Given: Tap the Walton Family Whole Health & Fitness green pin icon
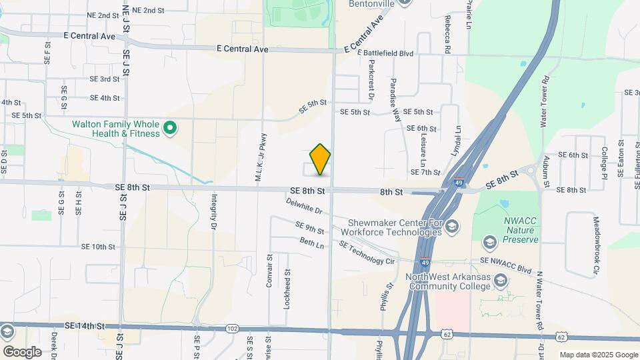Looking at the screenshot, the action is pos(170,127).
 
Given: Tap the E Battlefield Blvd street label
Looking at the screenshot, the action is pos(385,53).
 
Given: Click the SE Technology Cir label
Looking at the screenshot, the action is pos(367,254).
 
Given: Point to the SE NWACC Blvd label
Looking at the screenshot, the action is pos(506,266).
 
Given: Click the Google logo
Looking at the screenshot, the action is pos(22,351).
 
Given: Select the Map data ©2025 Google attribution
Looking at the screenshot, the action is pos(598,355).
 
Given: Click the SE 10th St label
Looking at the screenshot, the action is pos(98,247).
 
